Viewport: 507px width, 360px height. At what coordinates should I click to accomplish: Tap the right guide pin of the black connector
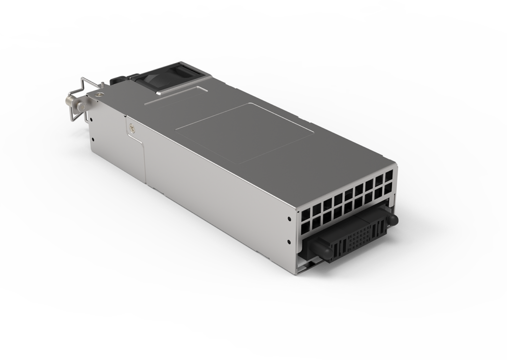[391, 218]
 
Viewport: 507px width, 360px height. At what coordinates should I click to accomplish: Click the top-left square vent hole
[304, 214]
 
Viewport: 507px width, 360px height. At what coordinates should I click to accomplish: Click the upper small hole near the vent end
[289, 218]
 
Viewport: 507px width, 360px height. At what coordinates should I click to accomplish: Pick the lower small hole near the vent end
[289, 242]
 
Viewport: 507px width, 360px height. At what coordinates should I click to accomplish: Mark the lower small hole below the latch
[93, 140]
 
